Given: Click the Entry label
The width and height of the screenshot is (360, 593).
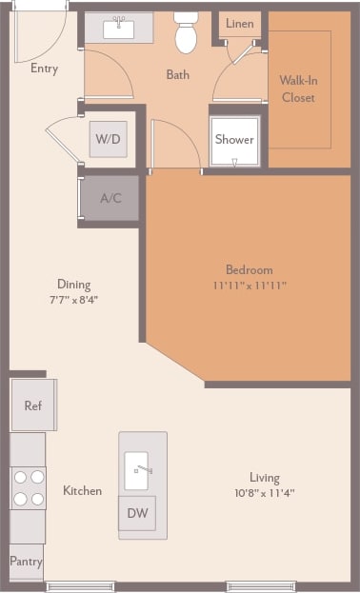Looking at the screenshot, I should [x=44, y=69].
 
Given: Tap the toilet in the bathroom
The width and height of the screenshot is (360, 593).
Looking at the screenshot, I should [x=186, y=34].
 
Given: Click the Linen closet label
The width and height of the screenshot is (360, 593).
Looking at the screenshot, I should [x=239, y=24].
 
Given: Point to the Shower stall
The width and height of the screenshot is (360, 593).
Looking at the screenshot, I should [x=233, y=139].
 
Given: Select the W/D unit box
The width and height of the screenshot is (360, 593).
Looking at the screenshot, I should [x=107, y=139].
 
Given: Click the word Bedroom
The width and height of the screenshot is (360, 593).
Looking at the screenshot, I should [x=250, y=269].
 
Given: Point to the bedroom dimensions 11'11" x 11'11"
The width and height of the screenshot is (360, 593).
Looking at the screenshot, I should [x=250, y=285].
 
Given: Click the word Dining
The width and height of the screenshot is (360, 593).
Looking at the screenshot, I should [x=73, y=284].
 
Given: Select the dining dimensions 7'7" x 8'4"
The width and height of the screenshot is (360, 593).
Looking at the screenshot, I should [x=73, y=299].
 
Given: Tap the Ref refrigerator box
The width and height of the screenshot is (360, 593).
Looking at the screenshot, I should [x=33, y=405].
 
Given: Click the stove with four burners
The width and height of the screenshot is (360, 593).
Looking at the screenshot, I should [x=29, y=487].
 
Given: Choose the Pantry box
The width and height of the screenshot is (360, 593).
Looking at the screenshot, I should [x=26, y=562].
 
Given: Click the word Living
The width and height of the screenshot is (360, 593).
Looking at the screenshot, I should [x=265, y=478].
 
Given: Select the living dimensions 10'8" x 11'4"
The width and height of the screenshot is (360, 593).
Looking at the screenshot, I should [x=265, y=493].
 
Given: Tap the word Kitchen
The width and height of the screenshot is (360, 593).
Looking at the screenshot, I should [x=82, y=491].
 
